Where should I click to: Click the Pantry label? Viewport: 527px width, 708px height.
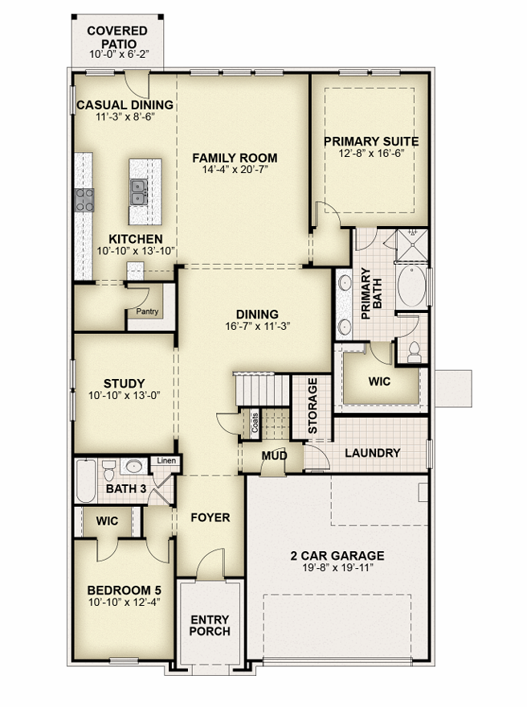click(148, 311)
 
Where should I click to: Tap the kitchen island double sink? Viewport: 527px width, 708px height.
click(139, 192)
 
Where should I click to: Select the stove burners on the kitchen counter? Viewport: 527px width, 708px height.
click(84, 200)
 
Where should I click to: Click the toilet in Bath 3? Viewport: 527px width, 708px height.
click(108, 471)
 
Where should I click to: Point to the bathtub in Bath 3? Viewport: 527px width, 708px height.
click(86, 481)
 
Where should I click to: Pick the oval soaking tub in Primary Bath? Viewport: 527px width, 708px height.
click(412, 286)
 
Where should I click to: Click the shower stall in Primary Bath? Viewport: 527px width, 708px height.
click(412, 245)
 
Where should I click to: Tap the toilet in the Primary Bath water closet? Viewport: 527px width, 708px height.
click(414, 352)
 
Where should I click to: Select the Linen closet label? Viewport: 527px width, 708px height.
click(166, 460)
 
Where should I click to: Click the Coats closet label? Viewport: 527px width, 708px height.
click(255, 422)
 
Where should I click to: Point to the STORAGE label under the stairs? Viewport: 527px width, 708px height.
click(313, 405)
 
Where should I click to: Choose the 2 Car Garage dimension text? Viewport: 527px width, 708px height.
click(337, 567)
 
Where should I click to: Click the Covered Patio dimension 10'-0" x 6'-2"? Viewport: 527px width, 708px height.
click(119, 54)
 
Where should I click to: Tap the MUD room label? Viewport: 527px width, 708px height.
click(274, 455)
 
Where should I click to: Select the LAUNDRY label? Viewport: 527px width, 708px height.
click(373, 453)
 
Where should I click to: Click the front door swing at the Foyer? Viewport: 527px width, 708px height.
click(210, 563)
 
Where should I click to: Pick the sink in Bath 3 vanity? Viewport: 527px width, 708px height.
click(133, 467)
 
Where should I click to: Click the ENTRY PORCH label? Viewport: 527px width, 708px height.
click(210, 625)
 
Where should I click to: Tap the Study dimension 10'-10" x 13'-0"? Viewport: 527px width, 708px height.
click(125, 396)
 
